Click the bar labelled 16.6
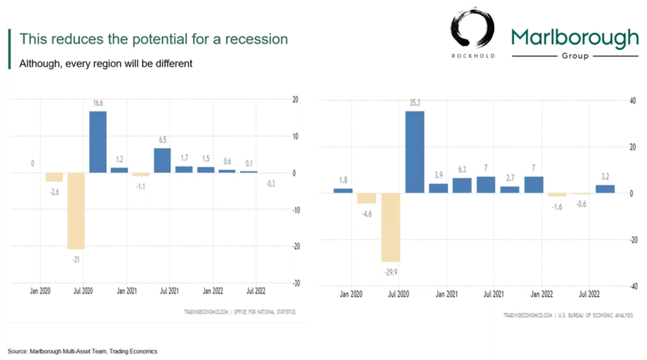click(x=98, y=141)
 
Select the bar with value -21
click(x=76, y=210)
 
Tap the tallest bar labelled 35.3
click(x=414, y=152)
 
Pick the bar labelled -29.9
click(x=391, y=227)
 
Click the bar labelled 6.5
click(x=162, y=160)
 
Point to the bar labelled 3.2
click(x=605, y=189)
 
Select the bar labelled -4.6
click(x=367, y=198)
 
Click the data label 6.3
click(x=462, y=169)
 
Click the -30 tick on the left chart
click(x=297, y=283)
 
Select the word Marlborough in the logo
click(x=575, y=37)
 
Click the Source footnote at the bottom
click(x=83, y=351)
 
